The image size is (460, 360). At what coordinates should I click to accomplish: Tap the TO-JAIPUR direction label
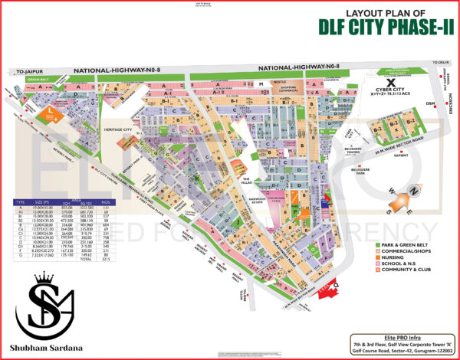click(28, 70)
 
